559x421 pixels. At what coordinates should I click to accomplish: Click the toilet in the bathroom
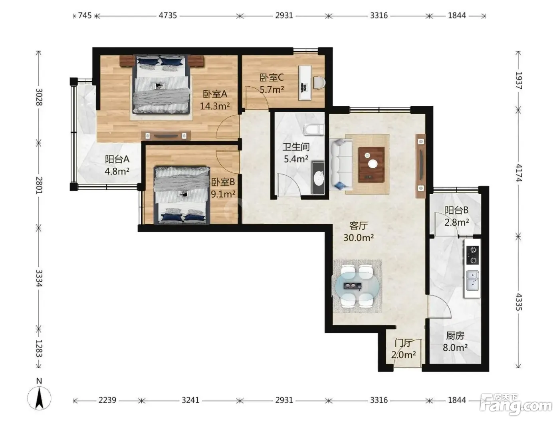click(x=314, y=130)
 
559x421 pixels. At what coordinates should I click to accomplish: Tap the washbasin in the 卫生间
click(x=319, y=178)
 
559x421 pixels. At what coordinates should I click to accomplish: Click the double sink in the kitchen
click(x=473, y=281)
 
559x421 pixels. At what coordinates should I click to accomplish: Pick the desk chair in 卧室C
click(x=319, y=82)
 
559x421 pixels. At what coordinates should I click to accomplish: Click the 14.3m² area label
click(x=215, y=106)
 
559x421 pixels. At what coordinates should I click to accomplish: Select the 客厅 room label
click(x=358, y=225)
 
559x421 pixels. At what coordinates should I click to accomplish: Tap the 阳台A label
click(x=117, y=159)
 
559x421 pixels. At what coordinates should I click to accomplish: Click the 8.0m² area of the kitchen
click(x=455, y=348)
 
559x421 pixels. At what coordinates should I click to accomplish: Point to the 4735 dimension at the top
click(x=168, y=16)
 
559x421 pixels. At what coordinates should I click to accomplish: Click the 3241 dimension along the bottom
click(x=190, y=400)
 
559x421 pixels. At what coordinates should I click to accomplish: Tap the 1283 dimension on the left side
click(x=39, y=348)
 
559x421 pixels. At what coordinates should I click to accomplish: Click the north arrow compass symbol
click(x=39, y=399)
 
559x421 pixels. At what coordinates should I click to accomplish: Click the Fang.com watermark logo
click(x=515, y=405)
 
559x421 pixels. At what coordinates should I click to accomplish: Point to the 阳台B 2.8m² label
click(x=457, y=216)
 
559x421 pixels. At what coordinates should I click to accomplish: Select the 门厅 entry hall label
click(x=403, y=343)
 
